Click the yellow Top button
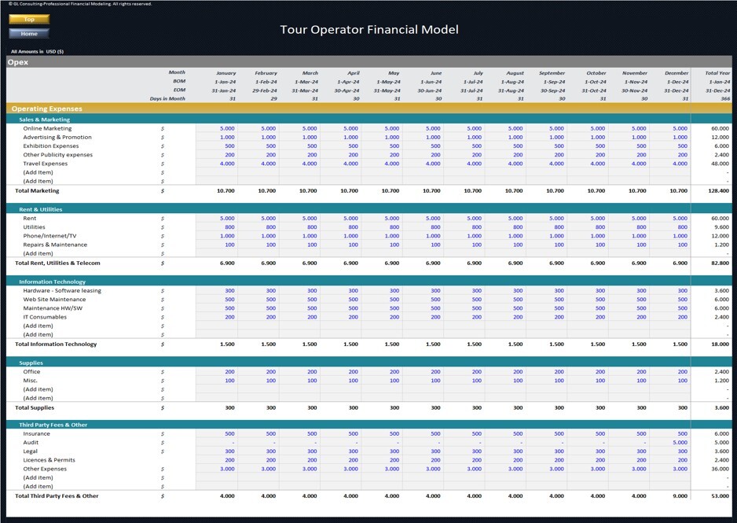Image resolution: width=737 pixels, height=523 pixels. pos(29,19)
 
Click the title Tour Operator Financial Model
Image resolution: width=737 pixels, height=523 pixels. pos(368,30)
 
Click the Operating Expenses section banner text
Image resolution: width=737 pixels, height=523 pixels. pos(46,109)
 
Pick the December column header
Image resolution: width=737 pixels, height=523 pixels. pos(676,73)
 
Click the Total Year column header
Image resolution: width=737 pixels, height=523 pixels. pos(717,73)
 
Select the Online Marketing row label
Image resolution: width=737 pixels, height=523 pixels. pos(47,128)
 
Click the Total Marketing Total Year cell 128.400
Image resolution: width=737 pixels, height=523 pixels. pos(717,191)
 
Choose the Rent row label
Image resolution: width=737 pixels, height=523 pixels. pos(30,218)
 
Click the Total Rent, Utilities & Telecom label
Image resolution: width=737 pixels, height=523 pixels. pos(58,263)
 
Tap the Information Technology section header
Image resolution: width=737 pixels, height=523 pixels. pos(52,282)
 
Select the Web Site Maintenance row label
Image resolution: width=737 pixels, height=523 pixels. pos(54,300)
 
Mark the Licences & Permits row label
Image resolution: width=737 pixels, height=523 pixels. pos(49,460)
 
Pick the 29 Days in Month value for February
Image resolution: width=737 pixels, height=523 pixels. pos(273,99)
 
